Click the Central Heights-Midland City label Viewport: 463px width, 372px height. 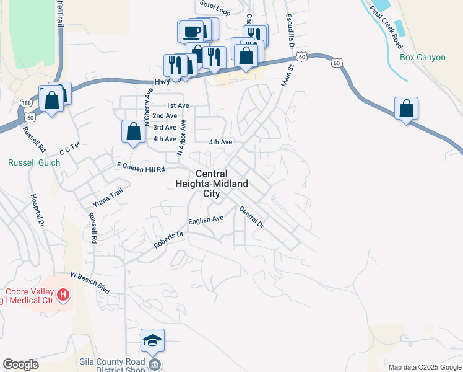(212, 184)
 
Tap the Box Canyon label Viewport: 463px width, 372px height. (422, 58)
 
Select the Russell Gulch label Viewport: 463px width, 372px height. (34, 163)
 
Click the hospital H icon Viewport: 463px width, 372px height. (63, 295)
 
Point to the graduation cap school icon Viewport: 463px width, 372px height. (152, 340)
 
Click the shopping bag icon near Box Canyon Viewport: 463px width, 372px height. (406, 108)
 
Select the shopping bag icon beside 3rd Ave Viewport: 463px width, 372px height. (134, 131)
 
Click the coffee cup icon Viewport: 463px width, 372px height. (191, 31)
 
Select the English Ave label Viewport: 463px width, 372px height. (206, 219)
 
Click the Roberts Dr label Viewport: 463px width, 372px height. (169, 241)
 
